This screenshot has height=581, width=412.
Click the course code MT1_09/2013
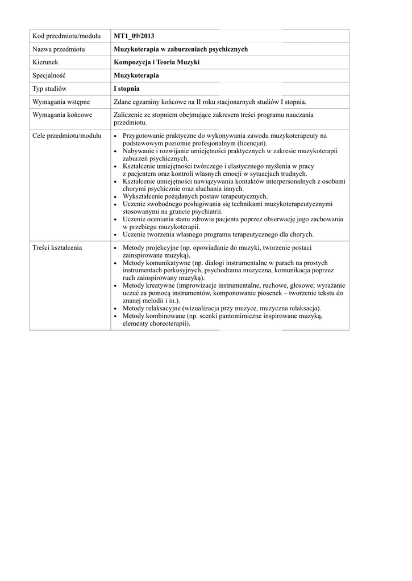(134, 37)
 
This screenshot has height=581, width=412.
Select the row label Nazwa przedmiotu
(59, 49)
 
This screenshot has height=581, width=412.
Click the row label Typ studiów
(50, 89)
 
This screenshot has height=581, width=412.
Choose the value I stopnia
(127, 89)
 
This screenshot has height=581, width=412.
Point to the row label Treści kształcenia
(57, 248)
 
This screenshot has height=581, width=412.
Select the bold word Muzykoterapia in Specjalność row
(136, 75)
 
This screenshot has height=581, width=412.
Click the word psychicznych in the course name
(227, 49)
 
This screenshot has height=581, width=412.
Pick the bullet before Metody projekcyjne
(116, 249)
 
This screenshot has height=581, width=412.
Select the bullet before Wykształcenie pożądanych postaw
(116, 196)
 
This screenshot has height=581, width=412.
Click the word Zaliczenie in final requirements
(130, 115)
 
